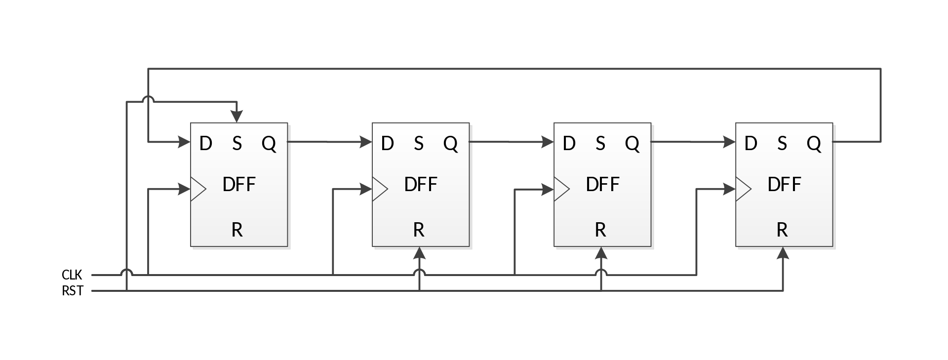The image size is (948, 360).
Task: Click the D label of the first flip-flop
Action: [205, 144]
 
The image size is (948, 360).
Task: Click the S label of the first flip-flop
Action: [237, 144]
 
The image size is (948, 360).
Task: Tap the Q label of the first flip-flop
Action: [269, 144]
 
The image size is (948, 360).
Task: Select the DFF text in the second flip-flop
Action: [421, 185]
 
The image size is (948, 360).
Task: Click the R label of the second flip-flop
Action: [419, 230]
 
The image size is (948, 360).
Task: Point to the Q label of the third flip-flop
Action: [632, 144]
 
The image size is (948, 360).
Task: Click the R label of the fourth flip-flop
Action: [782, 230]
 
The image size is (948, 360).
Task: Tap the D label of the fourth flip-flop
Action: [750, 144]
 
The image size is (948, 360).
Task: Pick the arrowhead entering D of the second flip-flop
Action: [366, 142]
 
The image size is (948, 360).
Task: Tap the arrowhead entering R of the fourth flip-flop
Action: [783, 253]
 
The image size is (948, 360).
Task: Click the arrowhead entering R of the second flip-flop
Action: [420, 253]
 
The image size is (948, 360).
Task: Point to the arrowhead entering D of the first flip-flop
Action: [185, 142]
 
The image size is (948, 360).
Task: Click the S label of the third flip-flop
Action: [600, 144]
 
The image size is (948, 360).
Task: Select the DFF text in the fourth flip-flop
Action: [784, 185]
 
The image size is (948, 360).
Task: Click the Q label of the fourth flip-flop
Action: [814, 144]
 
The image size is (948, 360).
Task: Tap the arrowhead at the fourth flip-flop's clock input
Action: [730, 188]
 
